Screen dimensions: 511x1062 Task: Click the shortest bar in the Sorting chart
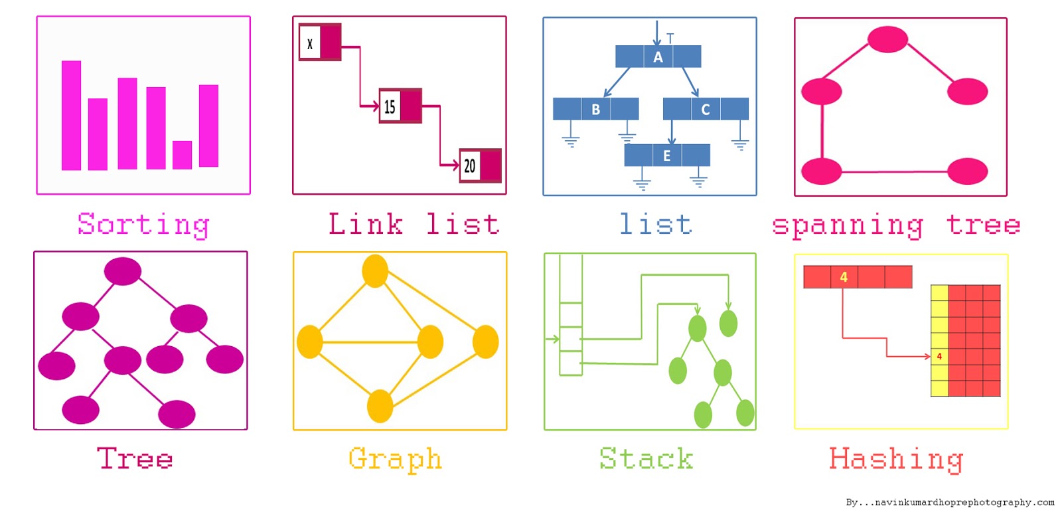click(182, 155)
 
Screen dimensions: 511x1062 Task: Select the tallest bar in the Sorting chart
click(71, 116)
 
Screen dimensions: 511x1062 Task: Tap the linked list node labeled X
click(319, 43)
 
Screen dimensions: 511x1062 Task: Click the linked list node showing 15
click(400, 106)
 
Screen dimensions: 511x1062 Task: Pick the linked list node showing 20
click(480, 165)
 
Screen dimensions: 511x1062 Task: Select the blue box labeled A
click(658, 56)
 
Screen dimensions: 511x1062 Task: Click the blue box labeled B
click(595, 109)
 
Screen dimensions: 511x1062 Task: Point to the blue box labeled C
click(705, 109)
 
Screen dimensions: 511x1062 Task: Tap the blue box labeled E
click(666, 155)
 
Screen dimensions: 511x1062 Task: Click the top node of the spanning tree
click(887, 39)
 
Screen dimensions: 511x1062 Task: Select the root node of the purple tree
click(123, 271)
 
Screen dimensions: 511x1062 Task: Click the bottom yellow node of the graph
click(380, 406)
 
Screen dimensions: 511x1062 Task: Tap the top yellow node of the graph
click(375, 271)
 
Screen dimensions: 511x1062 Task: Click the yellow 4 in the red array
click(844, 277)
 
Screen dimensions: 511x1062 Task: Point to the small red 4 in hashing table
click(939, 357)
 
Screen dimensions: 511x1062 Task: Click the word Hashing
click(895, 459)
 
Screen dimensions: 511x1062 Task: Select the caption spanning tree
click(895, 225)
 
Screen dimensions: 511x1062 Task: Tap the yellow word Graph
click(395, 459)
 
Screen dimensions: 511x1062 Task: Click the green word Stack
click(646, 459)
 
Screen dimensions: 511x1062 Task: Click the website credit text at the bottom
click(949, 502)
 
